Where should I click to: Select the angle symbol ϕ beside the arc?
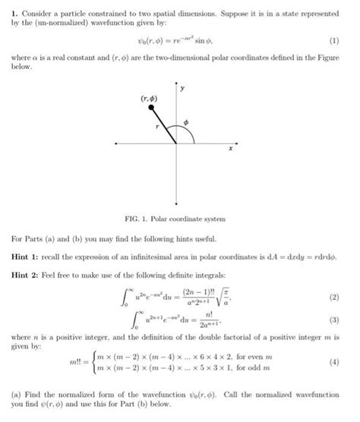pyautogui.click(x=196, y=121)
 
